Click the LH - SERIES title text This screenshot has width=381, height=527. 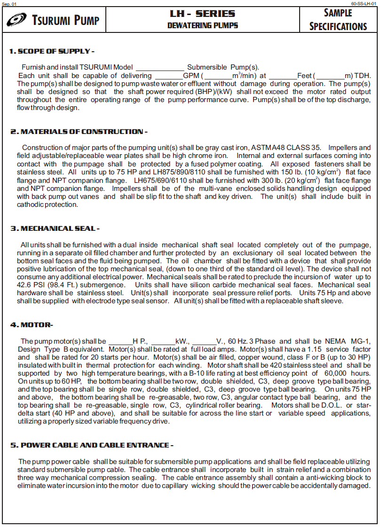point(202,14)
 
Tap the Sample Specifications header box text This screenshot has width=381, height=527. point(338,20)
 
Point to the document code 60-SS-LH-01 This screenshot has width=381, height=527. point(364,3)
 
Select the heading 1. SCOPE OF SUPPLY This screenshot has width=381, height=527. point(52,51)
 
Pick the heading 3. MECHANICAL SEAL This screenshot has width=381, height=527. point(55,229)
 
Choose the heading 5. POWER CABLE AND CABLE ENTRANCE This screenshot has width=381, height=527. point(92,445)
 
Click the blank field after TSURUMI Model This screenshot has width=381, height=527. point(160,68)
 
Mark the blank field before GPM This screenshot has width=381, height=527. point(168,76)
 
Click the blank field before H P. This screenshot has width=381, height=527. point(121,342)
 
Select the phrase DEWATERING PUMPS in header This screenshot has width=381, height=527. point(202,25)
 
